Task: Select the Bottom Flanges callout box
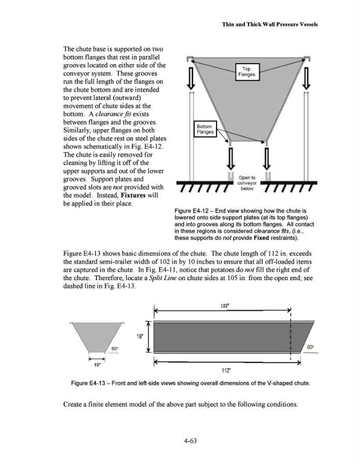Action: click(205, 129)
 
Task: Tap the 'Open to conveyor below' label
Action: click(247, 184)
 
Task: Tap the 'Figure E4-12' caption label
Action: click(194, 211)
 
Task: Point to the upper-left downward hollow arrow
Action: click(191, 77)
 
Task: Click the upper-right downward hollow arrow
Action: click(309, 77)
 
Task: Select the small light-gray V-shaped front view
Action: click(97, 336)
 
